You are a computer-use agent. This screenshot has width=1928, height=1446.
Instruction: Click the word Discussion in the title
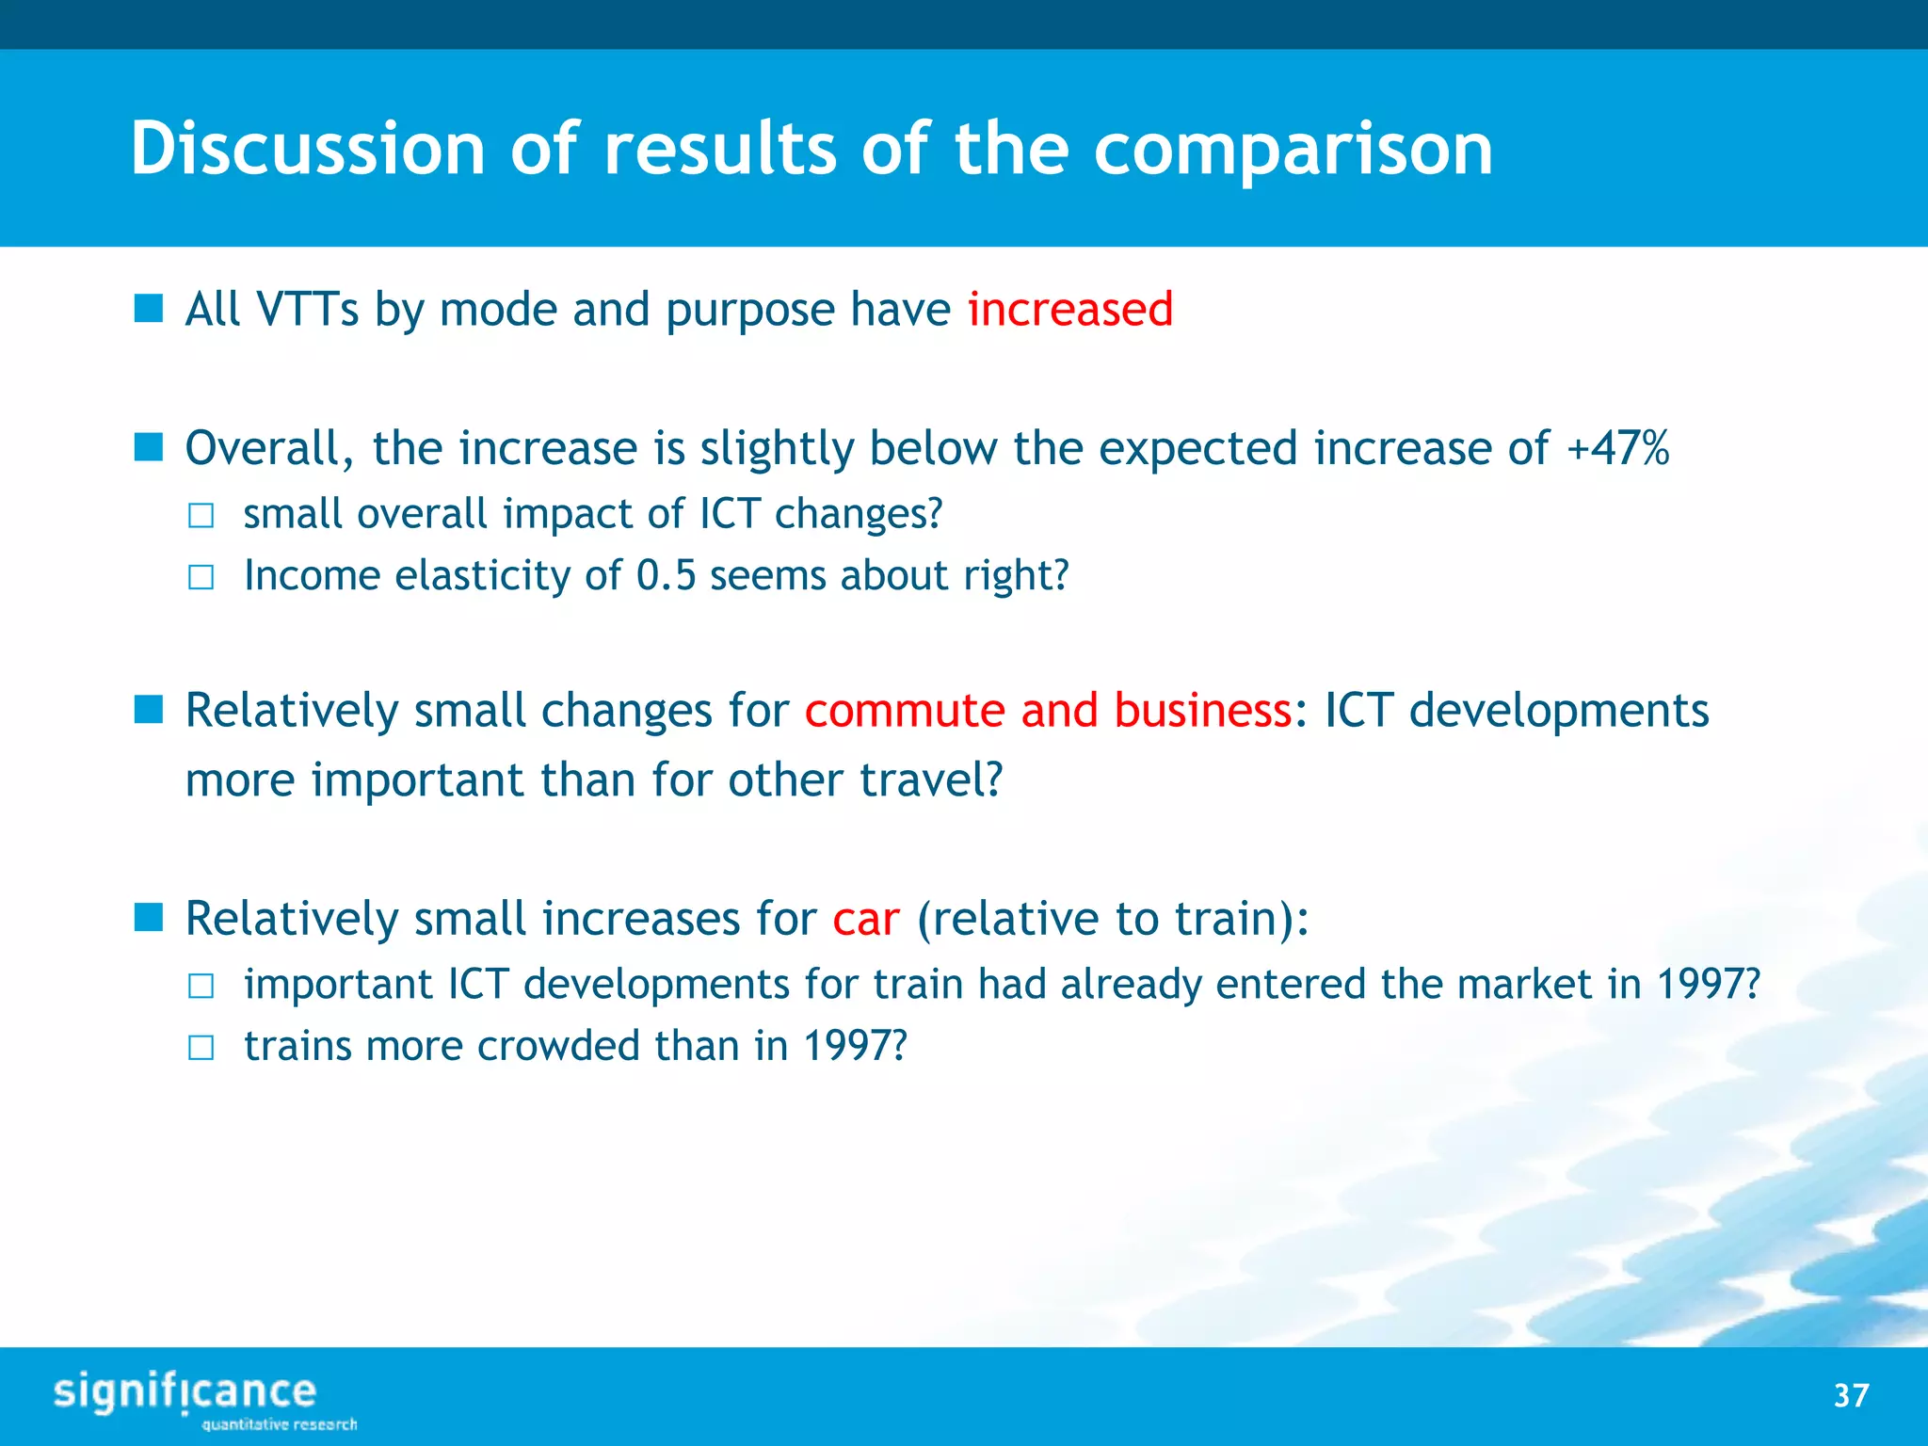307,149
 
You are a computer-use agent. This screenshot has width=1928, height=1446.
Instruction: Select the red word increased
1070,310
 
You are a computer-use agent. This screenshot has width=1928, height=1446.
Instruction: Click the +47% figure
1617,448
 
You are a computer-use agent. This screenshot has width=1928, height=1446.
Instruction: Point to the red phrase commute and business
1048,710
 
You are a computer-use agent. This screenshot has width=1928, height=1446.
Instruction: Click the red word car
866,919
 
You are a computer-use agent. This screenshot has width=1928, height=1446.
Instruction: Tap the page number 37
1851,1395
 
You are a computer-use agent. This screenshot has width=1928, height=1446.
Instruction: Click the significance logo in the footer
185,1392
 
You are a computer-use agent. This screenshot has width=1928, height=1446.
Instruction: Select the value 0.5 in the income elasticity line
666,575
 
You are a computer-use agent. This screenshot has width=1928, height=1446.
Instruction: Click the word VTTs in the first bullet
308,310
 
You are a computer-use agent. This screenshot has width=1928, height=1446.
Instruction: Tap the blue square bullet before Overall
149,447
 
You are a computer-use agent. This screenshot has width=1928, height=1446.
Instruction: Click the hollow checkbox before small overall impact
201,516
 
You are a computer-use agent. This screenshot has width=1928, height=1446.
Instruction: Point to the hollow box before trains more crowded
201,1048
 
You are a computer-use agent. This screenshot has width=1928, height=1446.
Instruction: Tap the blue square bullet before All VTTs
149,308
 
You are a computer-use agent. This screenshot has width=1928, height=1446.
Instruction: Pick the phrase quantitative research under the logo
280,1424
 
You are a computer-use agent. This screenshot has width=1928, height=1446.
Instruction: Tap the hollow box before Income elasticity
201,577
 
